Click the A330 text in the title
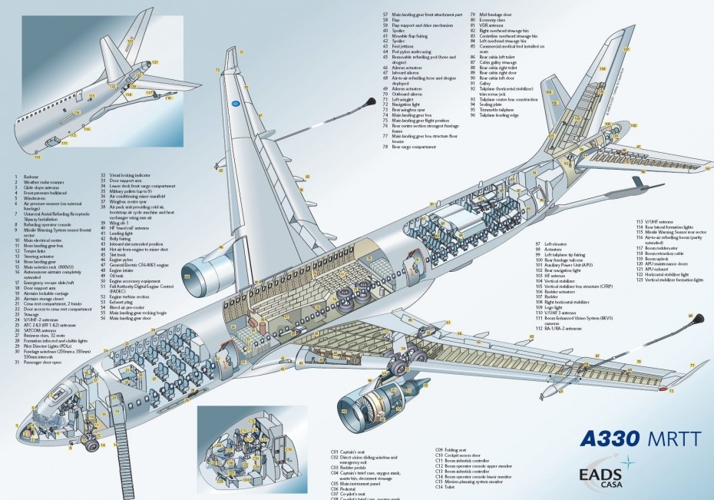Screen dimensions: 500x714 610,439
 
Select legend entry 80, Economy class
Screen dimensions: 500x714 491,19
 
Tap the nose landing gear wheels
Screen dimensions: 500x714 91,441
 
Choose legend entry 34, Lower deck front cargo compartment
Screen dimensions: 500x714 144,187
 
